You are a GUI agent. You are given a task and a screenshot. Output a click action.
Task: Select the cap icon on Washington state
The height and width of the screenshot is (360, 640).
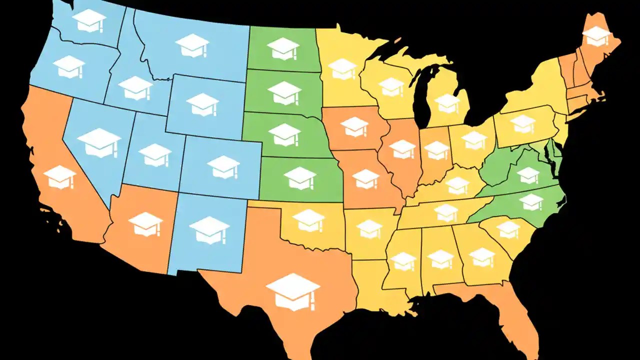click(x=89, y=20)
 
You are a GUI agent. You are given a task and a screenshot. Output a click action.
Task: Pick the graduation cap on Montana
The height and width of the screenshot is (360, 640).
click(x=192, y=45)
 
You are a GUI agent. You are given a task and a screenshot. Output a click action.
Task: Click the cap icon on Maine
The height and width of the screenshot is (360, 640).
click(x=596, y=36)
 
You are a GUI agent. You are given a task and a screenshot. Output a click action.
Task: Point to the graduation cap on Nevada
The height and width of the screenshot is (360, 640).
click(x=99, y=142)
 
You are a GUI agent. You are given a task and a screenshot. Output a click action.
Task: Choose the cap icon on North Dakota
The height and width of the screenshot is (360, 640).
click(x=283, y=48)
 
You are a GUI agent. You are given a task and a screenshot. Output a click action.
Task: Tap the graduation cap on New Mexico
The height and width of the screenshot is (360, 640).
click(x=209, y=229)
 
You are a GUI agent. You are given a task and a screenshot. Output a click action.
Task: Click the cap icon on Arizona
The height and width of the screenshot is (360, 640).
click(x=145, y=223)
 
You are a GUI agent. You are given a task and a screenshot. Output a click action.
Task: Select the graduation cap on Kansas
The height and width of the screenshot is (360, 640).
click(x=300, y=178)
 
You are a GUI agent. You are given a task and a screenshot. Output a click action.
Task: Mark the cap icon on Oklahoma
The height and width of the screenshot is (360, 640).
click(x=308, y=220)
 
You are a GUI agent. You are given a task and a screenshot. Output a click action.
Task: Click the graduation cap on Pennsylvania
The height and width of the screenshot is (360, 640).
click(x=523, y=123)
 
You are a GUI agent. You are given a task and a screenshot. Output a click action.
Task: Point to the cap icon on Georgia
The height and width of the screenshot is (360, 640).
click(x=482, y=257)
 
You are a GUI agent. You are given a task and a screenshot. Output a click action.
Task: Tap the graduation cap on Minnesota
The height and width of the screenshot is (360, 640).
click(x=343, y=69)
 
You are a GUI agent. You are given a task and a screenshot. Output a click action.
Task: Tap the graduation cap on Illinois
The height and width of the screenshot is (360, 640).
click(x=402, y=149)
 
